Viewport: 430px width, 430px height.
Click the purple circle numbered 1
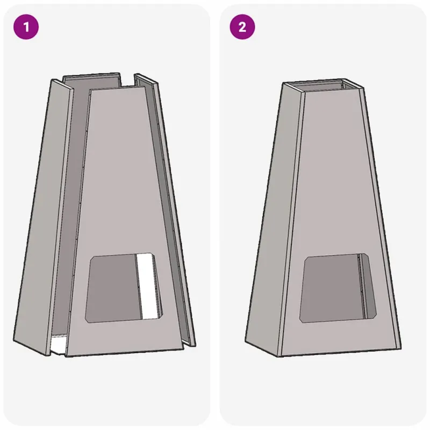coord(26,27)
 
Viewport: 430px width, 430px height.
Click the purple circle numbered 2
coord(242,27)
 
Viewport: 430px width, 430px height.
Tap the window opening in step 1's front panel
coord(124,288)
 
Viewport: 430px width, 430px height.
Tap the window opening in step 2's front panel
coord(338,288)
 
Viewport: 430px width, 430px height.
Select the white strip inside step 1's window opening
coord(148,286)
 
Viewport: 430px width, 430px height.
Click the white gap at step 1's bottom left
coord(58,345)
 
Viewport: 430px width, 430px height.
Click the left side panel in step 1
coord(44,217)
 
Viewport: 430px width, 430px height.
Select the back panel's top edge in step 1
coord(91,75)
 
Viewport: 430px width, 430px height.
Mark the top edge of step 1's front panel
coord(118,88)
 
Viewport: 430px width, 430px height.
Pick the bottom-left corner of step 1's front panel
coord(66,356)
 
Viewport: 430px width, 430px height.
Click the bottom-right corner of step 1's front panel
coord(184,349)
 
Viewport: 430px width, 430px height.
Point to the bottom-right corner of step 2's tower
coord(401,348)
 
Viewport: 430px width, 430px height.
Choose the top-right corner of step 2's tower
coord(364,88)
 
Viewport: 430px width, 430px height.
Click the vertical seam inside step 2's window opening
coord(362,286)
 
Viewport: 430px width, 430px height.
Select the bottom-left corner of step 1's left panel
coord(13,341)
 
